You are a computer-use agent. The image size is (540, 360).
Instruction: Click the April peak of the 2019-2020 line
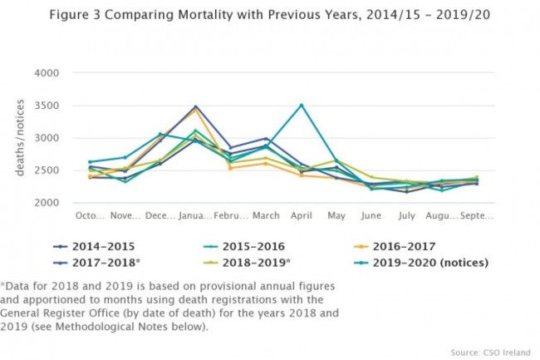click(301, 105)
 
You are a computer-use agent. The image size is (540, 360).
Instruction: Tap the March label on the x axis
click(266, 216)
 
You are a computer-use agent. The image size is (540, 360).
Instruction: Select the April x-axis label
click(301, 216)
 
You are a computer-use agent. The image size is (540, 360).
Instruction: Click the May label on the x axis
click(336, 216)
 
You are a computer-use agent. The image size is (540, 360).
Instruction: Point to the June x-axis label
click(371, 216)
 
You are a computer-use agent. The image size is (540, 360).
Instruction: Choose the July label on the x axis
click(405, 216)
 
